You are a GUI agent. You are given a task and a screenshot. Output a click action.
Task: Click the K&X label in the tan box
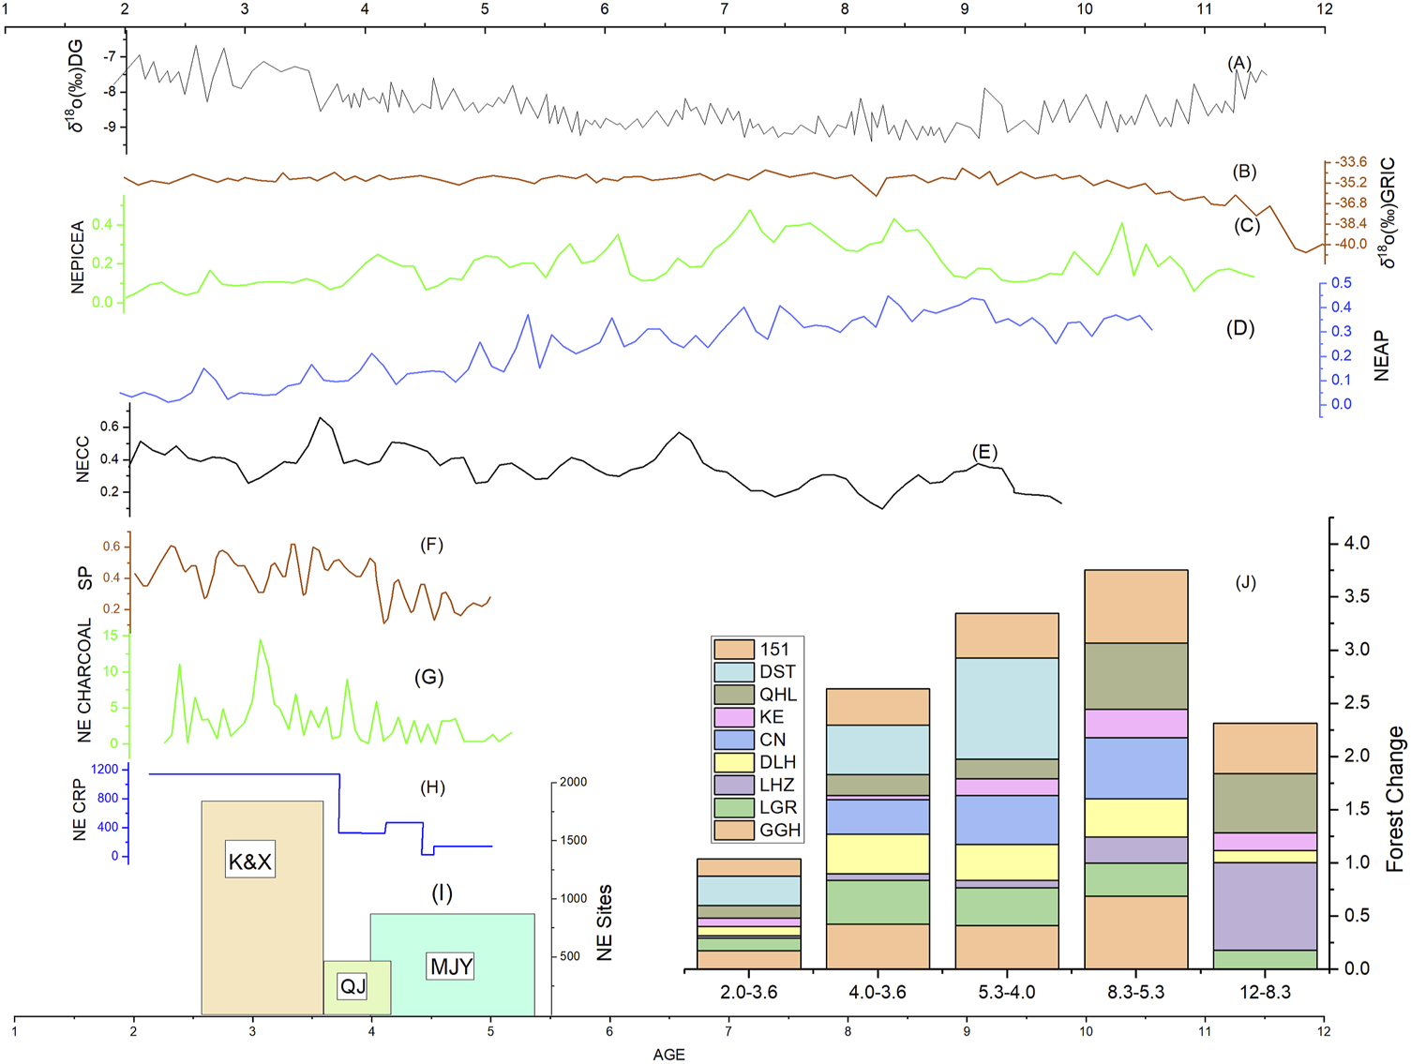(x=249, y=861)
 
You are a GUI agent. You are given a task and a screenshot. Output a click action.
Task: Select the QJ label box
(x=353, y=985)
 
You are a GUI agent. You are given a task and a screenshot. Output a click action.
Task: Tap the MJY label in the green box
(x=450, y=966)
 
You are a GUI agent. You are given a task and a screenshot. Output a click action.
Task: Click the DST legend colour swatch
(x=733, y=672)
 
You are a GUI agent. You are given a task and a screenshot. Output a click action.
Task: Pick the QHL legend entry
(x=777, y=695)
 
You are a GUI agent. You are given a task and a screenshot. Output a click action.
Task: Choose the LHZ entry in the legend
(x=776, y=785)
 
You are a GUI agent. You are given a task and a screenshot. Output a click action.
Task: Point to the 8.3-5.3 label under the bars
(x=1135, y=992)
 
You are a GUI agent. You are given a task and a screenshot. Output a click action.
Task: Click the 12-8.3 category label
(x=1265, y=992)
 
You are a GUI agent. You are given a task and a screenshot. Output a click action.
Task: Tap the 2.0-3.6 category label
(x=748, y=992)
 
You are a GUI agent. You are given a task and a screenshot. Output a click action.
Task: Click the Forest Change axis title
(x=1395, y=799)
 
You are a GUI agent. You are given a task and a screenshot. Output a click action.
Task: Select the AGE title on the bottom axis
(x=668, y=1055)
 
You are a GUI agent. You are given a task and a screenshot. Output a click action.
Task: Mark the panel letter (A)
(x=1239, y=64)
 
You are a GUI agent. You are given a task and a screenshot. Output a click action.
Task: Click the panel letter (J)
(x=1245, y=582)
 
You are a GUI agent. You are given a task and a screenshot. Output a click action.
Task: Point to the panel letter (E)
(x=984, y=453)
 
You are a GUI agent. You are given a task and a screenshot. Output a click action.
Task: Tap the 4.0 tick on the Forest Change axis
(x=1356, y=544)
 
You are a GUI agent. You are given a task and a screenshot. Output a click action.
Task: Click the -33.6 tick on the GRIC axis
(x=1351, y=162)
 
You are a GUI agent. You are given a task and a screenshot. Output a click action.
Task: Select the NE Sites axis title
(x=605, y=922)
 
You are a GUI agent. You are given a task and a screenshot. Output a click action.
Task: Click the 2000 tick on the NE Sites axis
(x=574, y=782)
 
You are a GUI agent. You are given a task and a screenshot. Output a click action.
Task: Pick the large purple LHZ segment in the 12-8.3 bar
(x=1265, y=906)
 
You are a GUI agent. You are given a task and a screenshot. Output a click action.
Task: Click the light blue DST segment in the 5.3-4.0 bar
(x=1006, y=708)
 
